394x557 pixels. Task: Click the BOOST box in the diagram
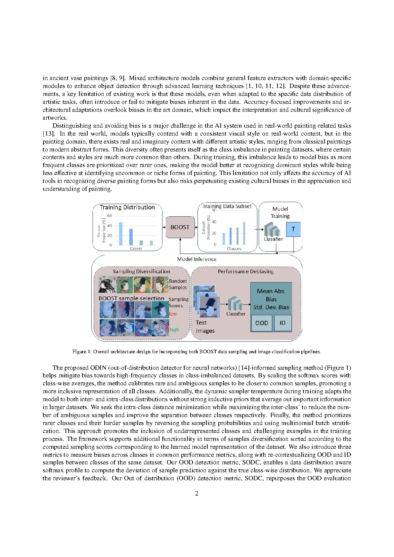[x=180, y=227]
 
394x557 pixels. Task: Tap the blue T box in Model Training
[x=293, y=229]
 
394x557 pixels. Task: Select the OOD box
[x=262, y=323]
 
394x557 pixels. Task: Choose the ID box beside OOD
[x=283, y=323]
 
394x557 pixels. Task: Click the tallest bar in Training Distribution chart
[x=121, y=234]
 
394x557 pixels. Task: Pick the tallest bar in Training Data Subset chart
[x=244, y=233]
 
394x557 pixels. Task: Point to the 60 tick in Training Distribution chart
[x=109, y=216]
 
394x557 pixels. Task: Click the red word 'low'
[x=173, y=314]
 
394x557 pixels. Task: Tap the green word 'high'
[x=174, y=330]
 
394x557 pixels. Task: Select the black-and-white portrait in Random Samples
[x=107, y=285]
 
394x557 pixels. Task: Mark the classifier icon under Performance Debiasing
[x=235, y=303]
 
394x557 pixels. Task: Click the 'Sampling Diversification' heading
[x=141, y=271]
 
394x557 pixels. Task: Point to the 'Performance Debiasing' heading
[x=245, y=271]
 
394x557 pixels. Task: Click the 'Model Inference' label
[x=197, y=259]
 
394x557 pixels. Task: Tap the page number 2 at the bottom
[x=197, y=493]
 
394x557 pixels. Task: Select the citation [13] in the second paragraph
[x=48, y=134]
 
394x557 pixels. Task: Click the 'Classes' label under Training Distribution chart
[x=136, y=248]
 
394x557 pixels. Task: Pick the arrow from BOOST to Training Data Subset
[x=196, y=228]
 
